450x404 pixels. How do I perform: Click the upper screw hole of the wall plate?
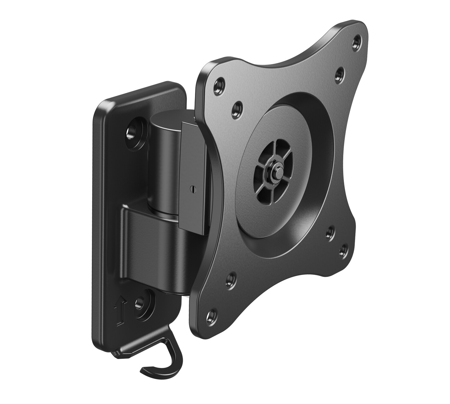click(133, 131)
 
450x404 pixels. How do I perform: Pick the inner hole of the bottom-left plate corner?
click(231, 279)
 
